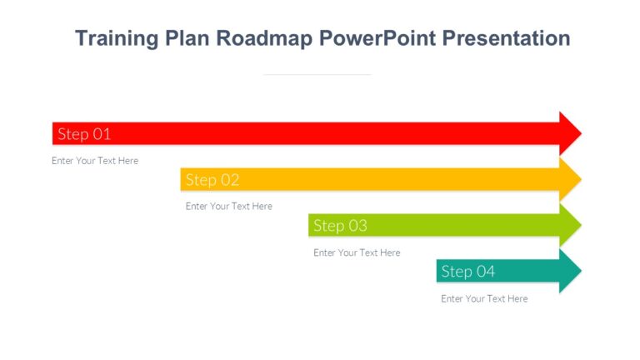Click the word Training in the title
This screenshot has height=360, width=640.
click(x=115, y=38)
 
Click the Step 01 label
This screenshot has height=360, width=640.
click(x=84, y=133)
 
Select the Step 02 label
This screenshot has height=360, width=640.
click(x=212, y=179)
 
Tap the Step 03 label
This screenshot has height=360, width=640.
click(x=340, y=225)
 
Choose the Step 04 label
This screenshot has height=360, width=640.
click(x=467, y=271)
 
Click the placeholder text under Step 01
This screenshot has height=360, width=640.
click(x=95, y=161)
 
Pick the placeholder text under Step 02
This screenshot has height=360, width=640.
click(x=228, y=206)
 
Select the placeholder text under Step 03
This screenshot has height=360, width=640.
click(x=357, y=252)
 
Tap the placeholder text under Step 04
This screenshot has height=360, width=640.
click(x=484, y=298)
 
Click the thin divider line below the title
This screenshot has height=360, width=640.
click(x=317, y=75)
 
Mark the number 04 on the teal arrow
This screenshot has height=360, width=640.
click(x=486, y=271)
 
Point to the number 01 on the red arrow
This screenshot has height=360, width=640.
click(x=102, y=133)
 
